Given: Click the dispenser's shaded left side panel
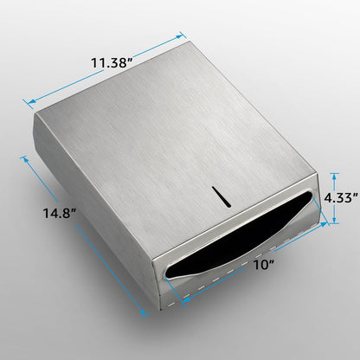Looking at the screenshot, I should coord(91,199).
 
